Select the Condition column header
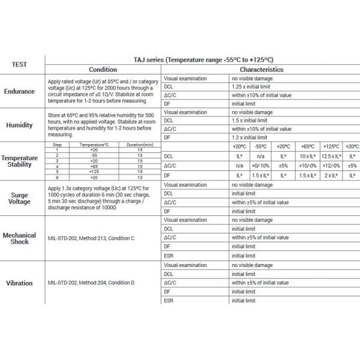point(103,70)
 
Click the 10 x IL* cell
point(308,156)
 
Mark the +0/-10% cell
point(260,166)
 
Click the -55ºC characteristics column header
point(260,146)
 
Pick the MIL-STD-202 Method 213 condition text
point(91,238)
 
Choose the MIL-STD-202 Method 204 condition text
point(91,283)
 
